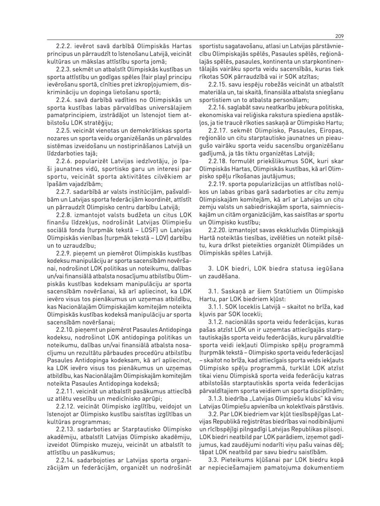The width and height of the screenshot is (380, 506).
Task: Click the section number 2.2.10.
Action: [65, 329]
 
